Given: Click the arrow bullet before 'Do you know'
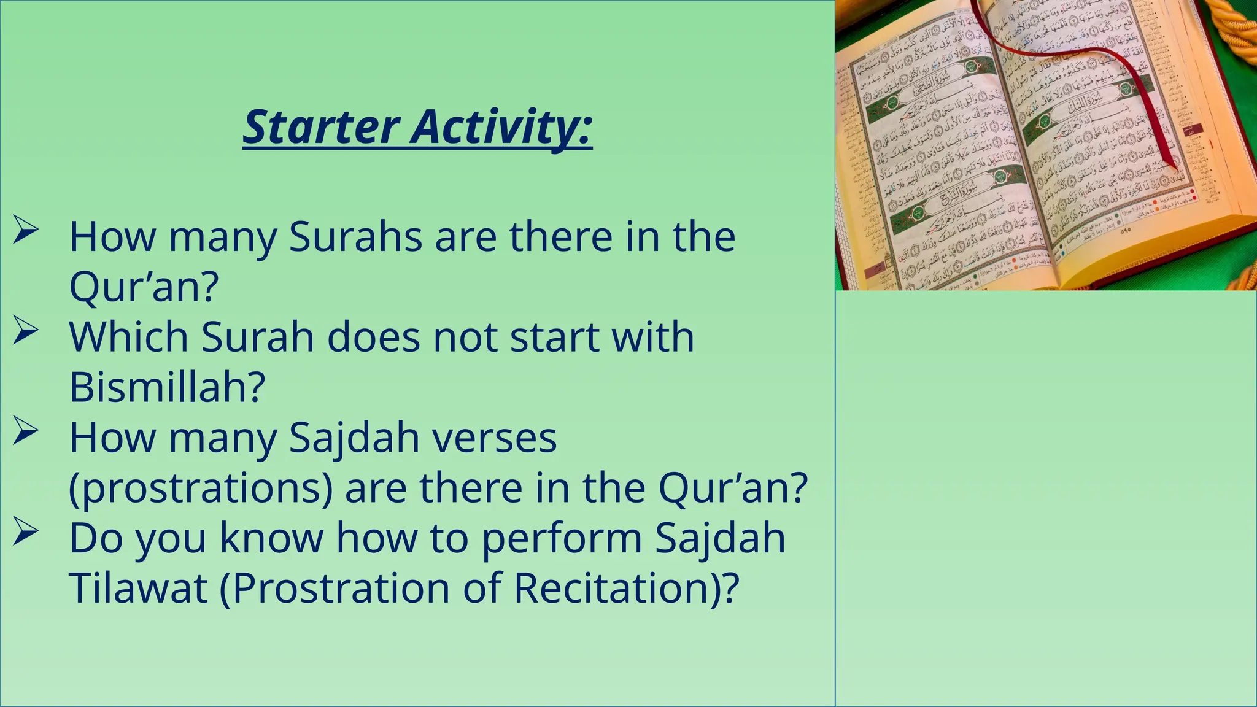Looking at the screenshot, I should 26,531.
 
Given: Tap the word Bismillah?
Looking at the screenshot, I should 167,387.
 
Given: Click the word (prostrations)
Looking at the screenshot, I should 201,488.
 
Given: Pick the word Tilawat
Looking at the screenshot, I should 138,588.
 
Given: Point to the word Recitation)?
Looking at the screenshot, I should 626,588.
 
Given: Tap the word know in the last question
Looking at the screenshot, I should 271,538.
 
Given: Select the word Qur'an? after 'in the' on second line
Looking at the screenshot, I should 733,488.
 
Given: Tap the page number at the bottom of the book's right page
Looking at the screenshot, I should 1126,231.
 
